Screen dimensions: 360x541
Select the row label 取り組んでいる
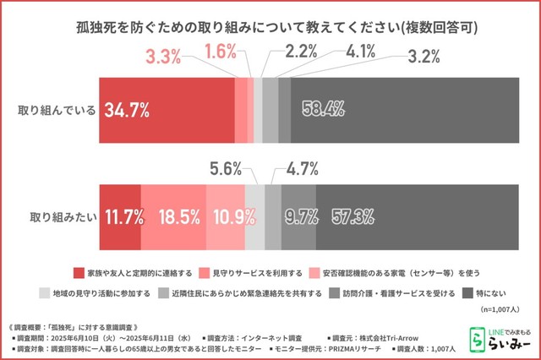tap(57, 110)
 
